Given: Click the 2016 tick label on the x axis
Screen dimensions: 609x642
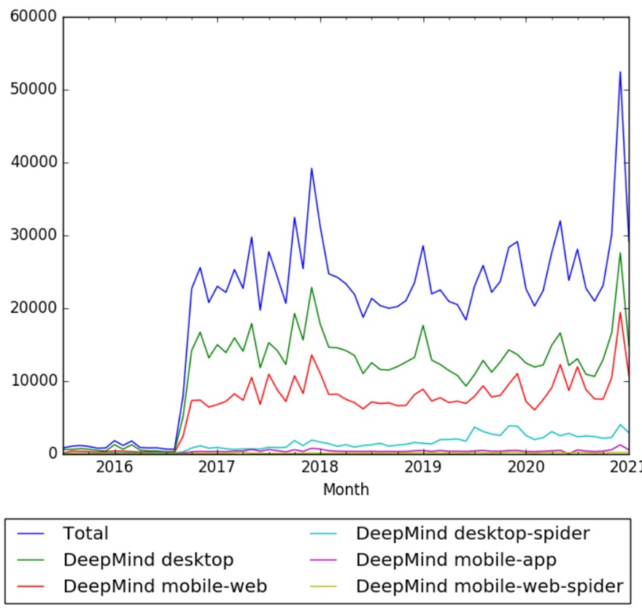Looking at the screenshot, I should click(114, 468).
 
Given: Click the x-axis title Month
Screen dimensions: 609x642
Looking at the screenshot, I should click(346, 489).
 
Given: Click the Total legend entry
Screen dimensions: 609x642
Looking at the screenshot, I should click(85, 533).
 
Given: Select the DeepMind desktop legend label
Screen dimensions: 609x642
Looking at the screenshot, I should click(148, 559).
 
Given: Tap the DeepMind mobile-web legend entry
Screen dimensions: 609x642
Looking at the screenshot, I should click(165, 586).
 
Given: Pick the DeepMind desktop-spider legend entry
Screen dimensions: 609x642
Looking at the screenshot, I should click(472, 533).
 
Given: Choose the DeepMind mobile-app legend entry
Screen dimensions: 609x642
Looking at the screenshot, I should click(456, 559).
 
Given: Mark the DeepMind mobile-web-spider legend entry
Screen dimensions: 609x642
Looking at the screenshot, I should click(490, 586).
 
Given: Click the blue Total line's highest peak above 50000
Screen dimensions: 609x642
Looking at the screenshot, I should click(620, 72).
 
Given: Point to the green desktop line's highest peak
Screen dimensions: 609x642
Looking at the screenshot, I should click(620, 253).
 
